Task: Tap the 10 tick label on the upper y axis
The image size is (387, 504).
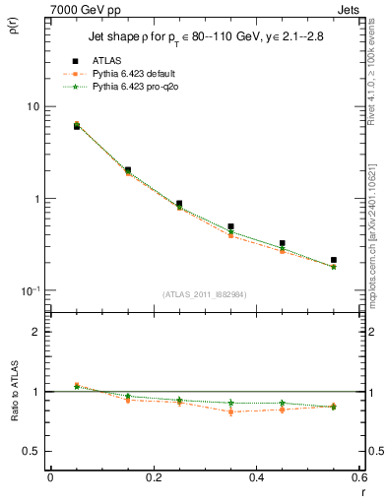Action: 32,106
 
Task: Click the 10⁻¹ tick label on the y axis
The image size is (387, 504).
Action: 29,290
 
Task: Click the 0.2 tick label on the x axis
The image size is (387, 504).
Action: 152,477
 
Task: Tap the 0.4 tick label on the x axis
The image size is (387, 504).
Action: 255,477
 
